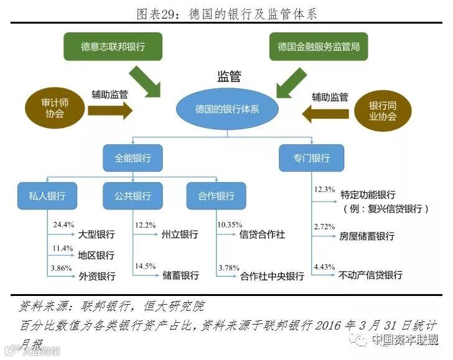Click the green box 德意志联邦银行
point(113,47)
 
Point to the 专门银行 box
point(311,158)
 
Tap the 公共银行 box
point(132,196)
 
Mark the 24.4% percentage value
point(63,224)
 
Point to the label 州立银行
point(180,234)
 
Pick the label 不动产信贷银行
point(371,275)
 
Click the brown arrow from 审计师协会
point(110,111)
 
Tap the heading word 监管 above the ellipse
point(228,77)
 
